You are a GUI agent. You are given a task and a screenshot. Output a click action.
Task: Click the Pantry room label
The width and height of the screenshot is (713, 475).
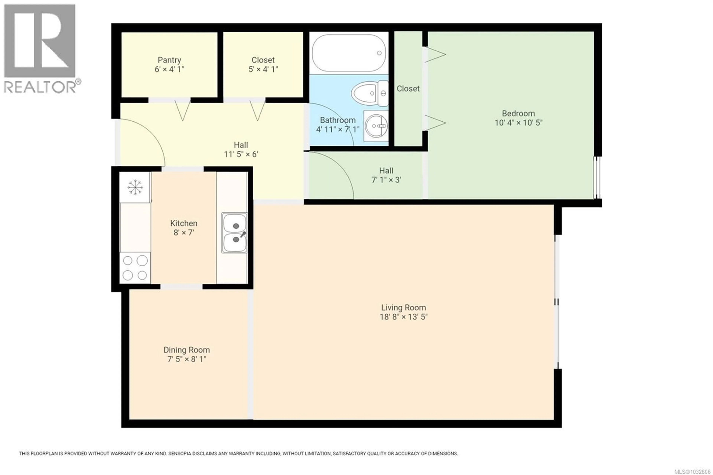coord(169,60)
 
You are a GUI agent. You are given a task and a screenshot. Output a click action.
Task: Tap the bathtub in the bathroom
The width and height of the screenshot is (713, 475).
coord(349,53)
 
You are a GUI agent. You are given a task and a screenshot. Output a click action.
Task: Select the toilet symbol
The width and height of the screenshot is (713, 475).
coord(369,93)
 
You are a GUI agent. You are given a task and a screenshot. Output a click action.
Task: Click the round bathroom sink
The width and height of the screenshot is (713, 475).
coord(376,126)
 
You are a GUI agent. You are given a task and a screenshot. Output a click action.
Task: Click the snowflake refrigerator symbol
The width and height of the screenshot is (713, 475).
coord(135,187)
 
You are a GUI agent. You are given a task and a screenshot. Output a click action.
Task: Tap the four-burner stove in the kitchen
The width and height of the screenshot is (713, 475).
coord(135,268)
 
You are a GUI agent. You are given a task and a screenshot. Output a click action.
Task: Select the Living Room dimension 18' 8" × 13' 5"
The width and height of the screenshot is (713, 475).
coord(403,317)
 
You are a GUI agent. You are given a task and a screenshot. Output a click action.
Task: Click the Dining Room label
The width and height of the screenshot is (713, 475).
coord(187,350)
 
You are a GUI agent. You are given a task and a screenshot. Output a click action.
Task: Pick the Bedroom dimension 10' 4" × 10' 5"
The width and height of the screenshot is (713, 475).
coord(518,123)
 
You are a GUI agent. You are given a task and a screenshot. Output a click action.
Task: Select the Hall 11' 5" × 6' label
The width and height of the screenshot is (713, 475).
coord(241,150)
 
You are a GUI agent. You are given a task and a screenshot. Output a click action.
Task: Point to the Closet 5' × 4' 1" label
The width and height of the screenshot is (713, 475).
coord(263,64)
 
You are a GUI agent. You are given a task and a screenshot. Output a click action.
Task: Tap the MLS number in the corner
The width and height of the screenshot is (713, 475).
coord(692,472)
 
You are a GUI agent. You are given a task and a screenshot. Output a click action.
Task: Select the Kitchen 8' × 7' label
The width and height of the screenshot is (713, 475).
coord(184,228)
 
